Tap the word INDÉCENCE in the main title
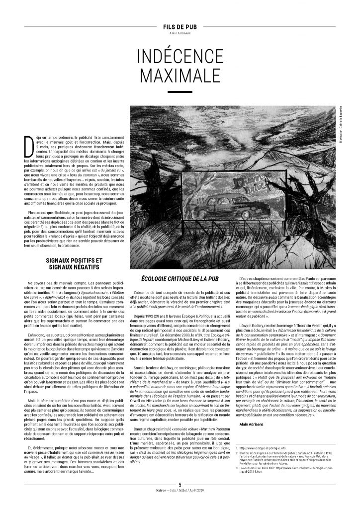tap(180, 55)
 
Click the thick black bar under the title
tap(180, 92)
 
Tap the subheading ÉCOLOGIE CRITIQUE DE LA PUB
tap(180, 276)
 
